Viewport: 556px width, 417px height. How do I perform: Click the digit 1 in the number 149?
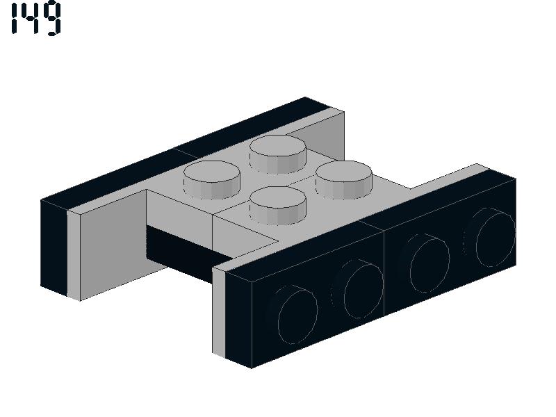[15, 19]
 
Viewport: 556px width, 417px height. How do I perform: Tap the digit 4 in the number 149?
[31, 18]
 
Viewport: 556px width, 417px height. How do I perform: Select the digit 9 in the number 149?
[51, 19]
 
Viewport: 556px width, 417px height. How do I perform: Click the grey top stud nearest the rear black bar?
[277, 154]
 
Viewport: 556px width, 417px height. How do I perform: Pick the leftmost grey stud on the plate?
[212, 180]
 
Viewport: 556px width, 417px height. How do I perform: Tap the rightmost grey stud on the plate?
[343, 180]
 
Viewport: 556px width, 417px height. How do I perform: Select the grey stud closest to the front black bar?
[277, 206]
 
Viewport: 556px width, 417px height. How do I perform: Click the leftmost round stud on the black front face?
[293, 314]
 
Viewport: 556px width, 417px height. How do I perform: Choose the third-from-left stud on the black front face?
[425, 263]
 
